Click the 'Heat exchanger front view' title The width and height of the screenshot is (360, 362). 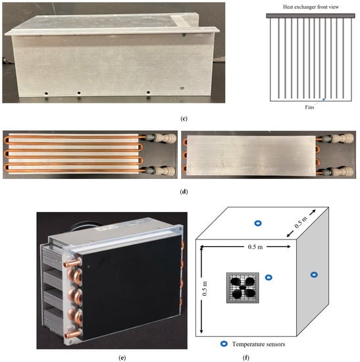(311, 7)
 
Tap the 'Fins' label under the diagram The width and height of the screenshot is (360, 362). (309, 107)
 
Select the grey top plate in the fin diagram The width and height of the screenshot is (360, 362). (311, 16)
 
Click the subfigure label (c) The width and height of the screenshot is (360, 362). (184, 118)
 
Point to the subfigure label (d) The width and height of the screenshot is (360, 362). (184, 192)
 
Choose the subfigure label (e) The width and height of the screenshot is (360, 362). (122, 358)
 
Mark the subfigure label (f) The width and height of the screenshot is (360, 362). (246, 358)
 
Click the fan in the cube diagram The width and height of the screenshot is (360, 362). (242, 288)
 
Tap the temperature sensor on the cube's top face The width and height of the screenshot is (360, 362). (258, 223)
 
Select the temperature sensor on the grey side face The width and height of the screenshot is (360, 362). (314, 274)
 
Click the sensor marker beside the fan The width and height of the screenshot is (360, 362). (269, 278)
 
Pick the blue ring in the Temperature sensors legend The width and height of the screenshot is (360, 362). (224, 344)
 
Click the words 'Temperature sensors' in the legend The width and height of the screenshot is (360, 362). (259, 344)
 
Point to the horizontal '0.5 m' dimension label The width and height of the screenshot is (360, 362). (255, 247)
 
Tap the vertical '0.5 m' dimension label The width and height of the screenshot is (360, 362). (205, 288)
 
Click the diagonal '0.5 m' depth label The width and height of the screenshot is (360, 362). (301, 222)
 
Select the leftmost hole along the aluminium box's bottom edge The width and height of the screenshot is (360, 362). (47, 93)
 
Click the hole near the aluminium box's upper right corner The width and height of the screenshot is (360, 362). (184, 35)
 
